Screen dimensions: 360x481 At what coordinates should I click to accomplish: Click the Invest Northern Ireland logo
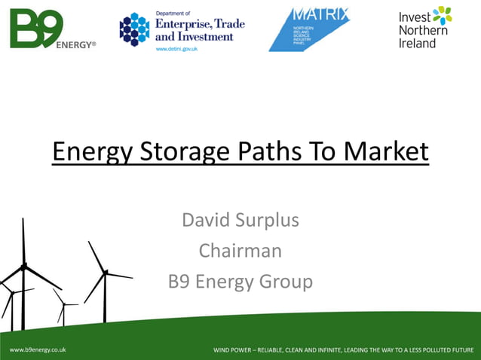click(x=425, y=28)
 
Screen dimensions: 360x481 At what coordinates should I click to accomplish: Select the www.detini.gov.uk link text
click(x=176, y=48)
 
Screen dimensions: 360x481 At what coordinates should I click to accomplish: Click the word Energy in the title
click(x=84, y=152)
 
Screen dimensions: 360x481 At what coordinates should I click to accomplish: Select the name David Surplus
click(x=240, y=221)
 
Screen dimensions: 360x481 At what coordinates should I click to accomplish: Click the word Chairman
click(x=240, y=251)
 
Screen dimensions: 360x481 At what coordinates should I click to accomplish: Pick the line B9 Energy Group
click(x=240, y=282)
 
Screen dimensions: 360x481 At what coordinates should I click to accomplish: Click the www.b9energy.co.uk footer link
click(x=38, y=350)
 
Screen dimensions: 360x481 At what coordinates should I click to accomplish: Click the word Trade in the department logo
click(x=226, y=24)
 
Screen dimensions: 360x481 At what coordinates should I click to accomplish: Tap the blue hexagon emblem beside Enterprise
click(x=134, y=29)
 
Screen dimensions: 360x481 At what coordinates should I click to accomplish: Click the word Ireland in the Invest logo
click(x=418, y=44)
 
